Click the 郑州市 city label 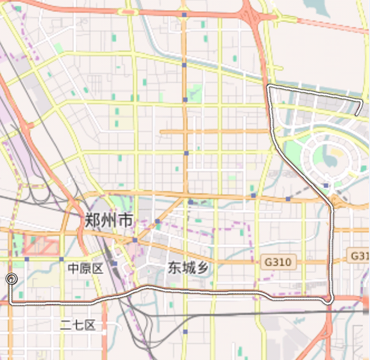click(x=109, y=220)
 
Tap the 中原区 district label click(x=85, y=269)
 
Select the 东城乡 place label click(x=188, y=268)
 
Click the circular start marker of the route click(x=11, y=278)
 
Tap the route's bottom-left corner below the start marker click(x=11, y=302)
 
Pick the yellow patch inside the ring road click(x=336, y=151)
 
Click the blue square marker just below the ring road click(x=326, y=185)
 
